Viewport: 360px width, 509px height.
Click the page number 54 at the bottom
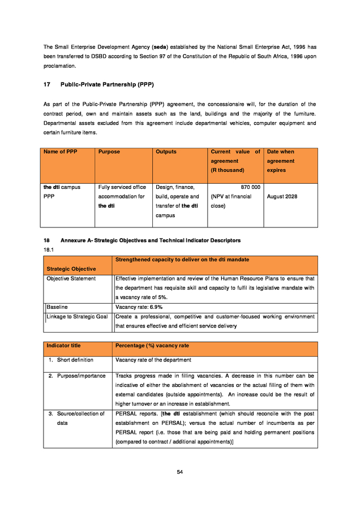[179, 472]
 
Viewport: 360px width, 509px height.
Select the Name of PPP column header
[60, 152]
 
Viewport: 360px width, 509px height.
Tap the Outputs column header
[166, 152]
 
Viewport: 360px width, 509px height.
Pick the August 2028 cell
[282, 196]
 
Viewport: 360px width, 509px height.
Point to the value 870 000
[250, 187]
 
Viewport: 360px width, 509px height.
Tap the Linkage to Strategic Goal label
[77, 317]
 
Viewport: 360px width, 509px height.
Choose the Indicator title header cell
[63, 346]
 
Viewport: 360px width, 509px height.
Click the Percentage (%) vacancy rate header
[152, 346]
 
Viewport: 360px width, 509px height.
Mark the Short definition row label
[75, 360]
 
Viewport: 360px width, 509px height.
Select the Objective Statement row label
[71, 278]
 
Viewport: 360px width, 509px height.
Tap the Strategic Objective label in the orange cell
[71, 269]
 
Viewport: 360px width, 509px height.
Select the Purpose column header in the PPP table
[109, 152]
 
